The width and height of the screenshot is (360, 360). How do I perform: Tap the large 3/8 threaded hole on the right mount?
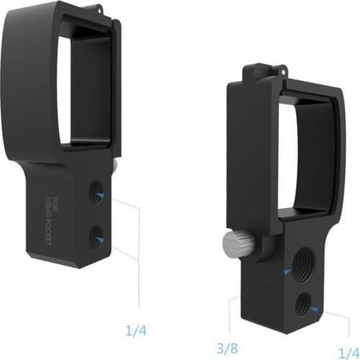click(x=298, y=267)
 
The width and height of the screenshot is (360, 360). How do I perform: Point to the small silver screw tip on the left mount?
click(x=115, y=166)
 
